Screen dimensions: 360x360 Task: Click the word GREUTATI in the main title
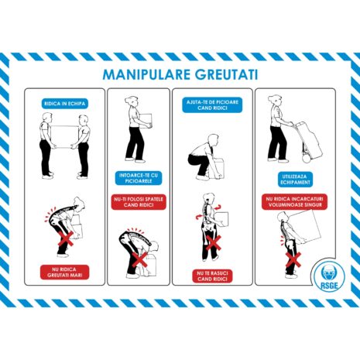221,75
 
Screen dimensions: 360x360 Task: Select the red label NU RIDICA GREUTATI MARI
66,271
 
